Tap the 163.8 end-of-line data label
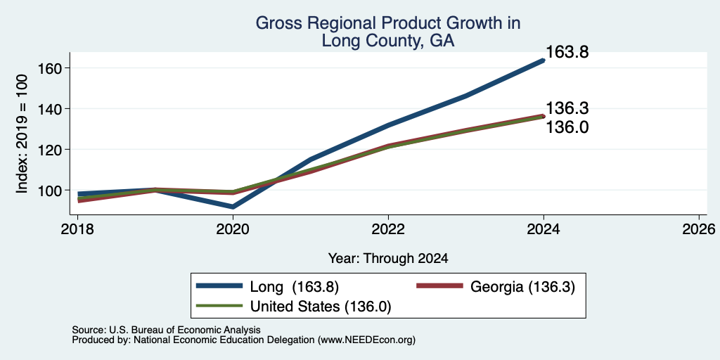coord(567,52)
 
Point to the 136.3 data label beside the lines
coord(567,108)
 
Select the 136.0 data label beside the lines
coord(567,127)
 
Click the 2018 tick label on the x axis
coord(77,229)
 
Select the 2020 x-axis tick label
coord(233,229)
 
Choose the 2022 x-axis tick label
coord(388,229)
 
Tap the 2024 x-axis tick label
coord(544,229)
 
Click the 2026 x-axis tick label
coord(699,229)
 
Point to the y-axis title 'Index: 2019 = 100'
coord(22,134)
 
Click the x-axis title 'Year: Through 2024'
coord(388,259)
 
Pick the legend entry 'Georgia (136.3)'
coord(496,287)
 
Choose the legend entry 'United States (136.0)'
coord(294,307)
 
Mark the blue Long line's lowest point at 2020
coord(233,207)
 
